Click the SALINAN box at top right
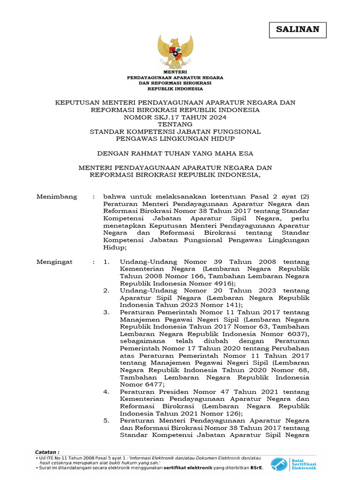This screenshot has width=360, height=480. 298,30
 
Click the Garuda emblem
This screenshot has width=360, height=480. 175,52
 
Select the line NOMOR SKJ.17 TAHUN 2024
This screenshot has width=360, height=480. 175,117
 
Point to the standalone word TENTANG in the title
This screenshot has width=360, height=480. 175,124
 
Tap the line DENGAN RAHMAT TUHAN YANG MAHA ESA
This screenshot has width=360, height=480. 175,153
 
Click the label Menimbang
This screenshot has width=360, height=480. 57,197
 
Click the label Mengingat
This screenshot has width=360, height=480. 54,262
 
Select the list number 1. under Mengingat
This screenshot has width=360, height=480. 106,262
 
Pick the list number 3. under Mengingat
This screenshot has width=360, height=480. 106,312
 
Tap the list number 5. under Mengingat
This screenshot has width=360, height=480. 106,420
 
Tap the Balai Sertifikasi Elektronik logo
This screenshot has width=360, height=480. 296,464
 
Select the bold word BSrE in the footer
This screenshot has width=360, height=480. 255,467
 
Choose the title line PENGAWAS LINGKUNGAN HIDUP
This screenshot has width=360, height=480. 175,139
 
